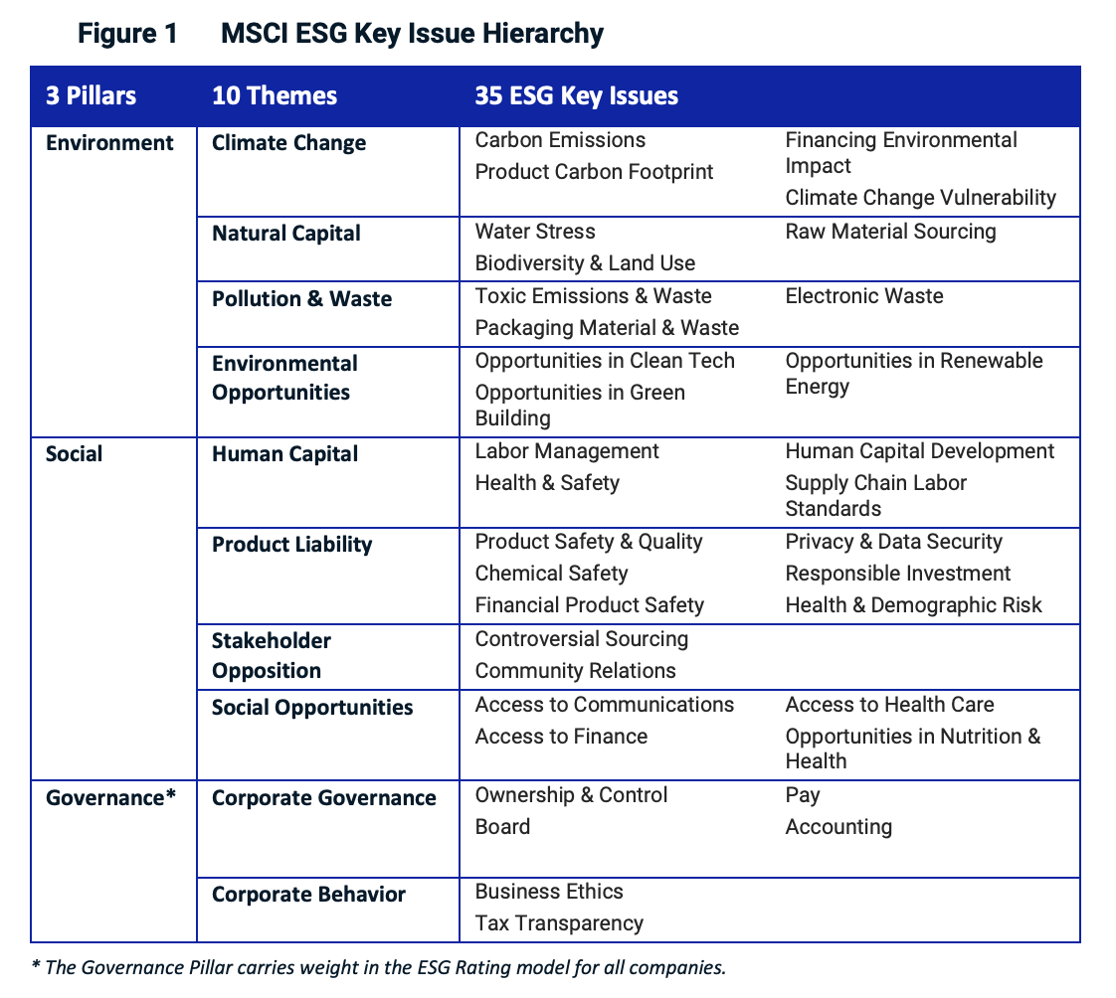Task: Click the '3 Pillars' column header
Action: tap(92, 95)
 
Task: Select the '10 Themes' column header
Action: tap(275, 95)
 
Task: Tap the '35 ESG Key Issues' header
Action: tap(577, 95)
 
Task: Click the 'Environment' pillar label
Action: tap(109, 143)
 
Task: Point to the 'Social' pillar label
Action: tap(75, 454)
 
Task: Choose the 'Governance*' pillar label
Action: tap(110, 798)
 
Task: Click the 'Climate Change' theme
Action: tap(288, 143)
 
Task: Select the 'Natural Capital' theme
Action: tap(286, 234)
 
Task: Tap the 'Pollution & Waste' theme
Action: tap(301, 299)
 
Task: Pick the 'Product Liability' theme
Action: tap(291, 545)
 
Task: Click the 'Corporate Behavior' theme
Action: tap(308, 895)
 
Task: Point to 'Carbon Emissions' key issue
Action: tap(560, 140)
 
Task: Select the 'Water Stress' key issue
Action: tap(535, 232)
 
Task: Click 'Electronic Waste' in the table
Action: tap(864, 296)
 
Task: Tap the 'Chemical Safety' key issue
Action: tap(551, 574)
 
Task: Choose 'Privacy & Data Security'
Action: tap(893, 542)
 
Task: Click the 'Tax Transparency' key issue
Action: tap(559, 923)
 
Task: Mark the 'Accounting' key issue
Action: tap(838, 827)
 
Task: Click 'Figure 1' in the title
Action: tap(128, 34)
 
